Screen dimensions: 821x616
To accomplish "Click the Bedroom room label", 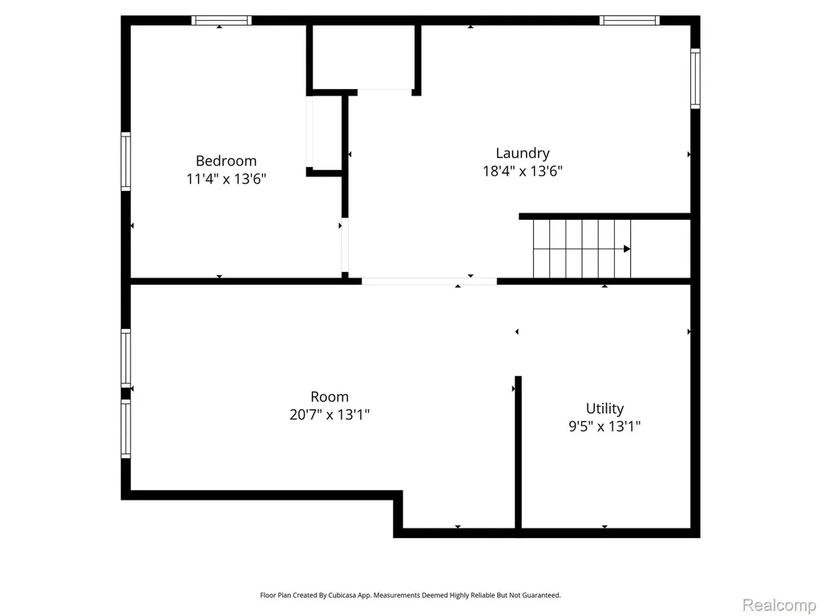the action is [x=226, y=160].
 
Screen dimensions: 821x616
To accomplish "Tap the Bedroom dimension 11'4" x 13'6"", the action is [x=226, y=179].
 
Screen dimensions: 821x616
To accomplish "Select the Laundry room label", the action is [x=523, y=153].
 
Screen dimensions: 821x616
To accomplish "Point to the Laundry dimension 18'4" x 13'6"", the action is [x=523, y=172].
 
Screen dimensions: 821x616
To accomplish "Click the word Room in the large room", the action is [x=330, y=396].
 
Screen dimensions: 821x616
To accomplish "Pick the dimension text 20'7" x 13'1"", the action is [x=330, y=415].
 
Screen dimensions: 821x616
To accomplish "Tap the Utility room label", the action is [x=605, y=408].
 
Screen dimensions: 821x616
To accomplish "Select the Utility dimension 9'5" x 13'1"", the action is [x=605, y=427].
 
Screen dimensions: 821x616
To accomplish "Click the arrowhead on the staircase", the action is [x=627, y=249].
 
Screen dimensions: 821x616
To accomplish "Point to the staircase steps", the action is [x=582, y=249].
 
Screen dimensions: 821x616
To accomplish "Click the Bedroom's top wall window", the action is [x=221, y=20].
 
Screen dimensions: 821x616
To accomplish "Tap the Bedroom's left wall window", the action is [x=126, y=161].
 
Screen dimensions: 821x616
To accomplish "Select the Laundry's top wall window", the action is [x=629, y=20].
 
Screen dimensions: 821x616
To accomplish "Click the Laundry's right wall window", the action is [x=695, y=79].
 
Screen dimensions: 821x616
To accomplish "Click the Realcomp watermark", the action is [x=779, y=605].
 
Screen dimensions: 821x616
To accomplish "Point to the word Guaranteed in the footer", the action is [x=543, y=595].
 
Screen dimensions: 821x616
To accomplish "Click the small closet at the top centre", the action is [x=363, y=57].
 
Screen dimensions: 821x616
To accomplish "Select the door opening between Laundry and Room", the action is [x=429, y=282].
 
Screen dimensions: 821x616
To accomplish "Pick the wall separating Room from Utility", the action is [x=518, y=452].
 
